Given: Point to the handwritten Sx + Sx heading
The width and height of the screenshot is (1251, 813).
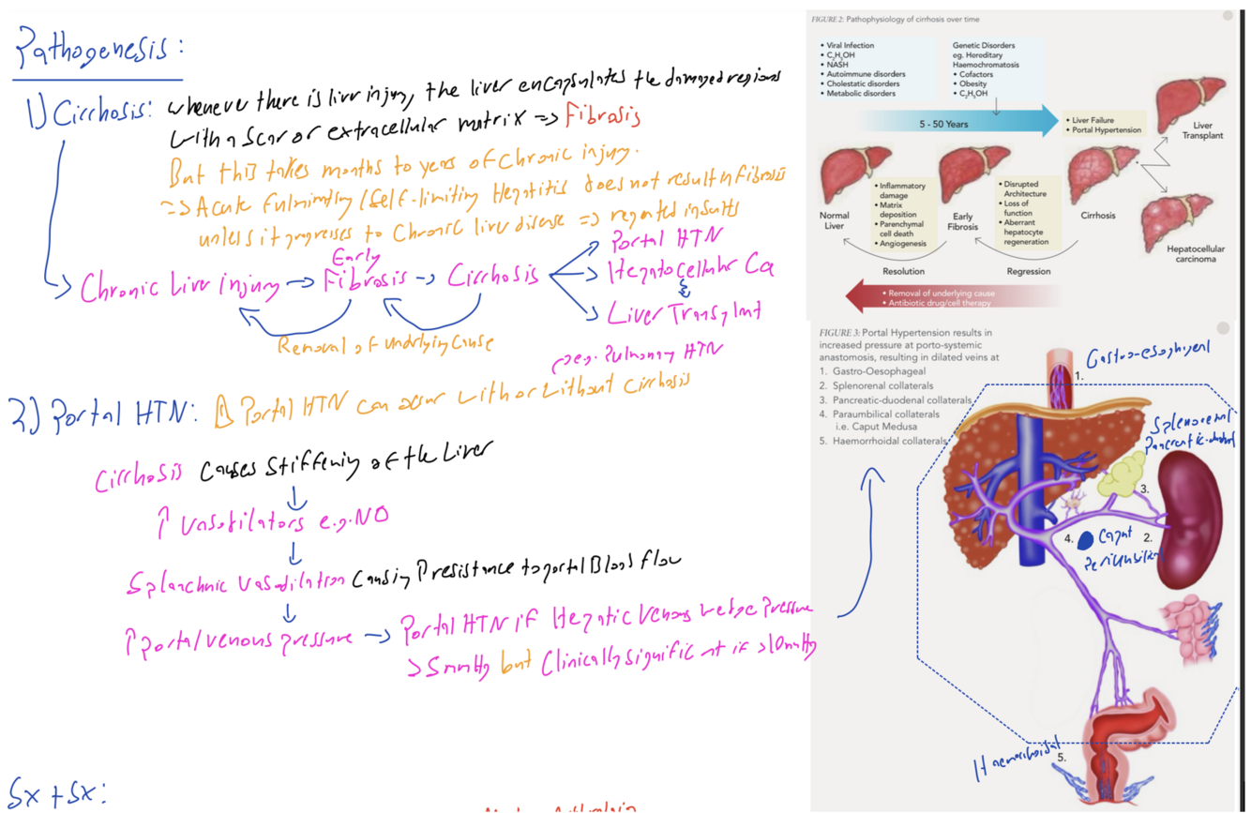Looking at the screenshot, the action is [58, 792].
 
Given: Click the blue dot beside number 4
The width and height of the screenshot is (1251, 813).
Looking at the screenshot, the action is [1087, 540].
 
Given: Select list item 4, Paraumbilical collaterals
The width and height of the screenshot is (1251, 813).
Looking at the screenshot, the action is [879, 414].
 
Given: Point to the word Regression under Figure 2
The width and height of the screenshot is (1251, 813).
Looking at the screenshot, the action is [1028, 271].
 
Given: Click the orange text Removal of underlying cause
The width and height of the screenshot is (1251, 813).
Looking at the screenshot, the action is [384, 344].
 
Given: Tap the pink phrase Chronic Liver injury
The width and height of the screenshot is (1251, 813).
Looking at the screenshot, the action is [176, 288].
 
